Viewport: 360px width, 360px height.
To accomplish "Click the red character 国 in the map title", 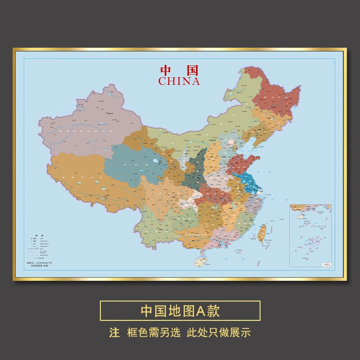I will pos(193,71).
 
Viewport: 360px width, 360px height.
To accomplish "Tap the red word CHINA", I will pos(179,81).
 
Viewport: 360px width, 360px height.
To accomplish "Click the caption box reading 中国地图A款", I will pos(180,310).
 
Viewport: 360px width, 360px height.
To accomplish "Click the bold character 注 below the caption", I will pos(115,333).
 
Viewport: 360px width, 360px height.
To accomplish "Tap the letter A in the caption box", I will pos(199,310).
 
